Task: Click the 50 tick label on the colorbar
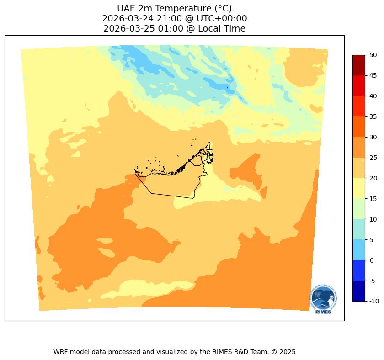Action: pos(373,55)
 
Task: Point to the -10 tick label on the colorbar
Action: pos(374,301)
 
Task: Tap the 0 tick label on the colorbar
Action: pos(372,260)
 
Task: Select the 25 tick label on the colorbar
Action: pos(373,158)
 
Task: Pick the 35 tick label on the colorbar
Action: pos(373,116)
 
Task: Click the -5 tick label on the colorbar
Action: pos(373,281)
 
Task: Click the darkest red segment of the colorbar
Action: pos(358,65)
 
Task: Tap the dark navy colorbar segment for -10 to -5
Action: pos(358,291)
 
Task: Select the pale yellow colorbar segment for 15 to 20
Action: pos(358,188)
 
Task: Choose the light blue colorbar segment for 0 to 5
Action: pos(358,250)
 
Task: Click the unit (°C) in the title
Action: pos(220,8)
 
